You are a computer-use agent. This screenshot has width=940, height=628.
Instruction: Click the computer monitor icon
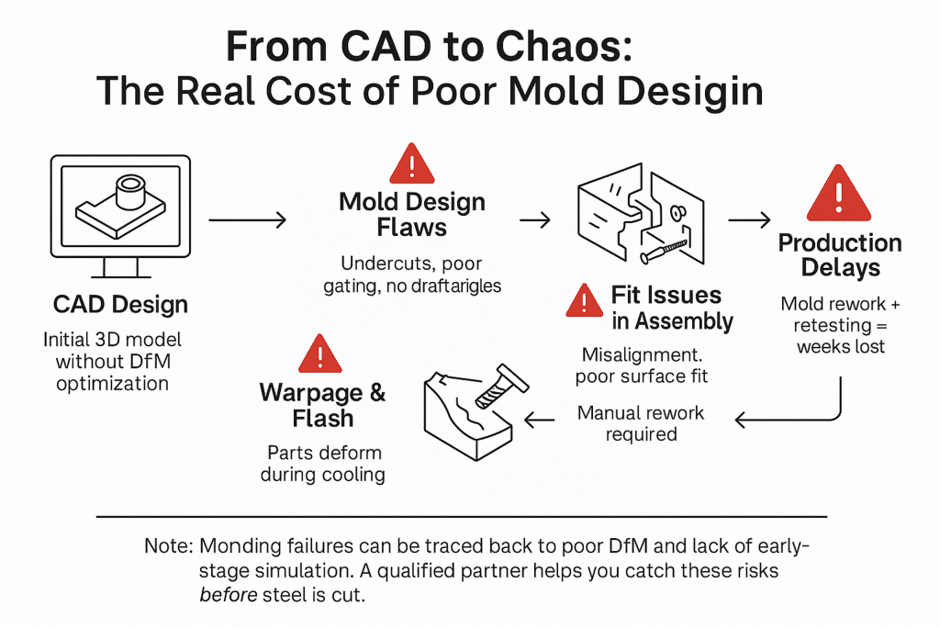click(120, 216)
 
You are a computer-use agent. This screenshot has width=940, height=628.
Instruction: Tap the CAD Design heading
click(120, 304)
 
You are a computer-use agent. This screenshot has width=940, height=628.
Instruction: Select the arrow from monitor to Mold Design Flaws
click(248, 220)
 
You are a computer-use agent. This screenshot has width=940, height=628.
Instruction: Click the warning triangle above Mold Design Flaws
click(412, 163)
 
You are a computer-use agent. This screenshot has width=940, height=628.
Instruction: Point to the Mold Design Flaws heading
click(412, 214)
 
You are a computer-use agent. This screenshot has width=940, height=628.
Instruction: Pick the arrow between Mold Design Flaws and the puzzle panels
click(535, 220)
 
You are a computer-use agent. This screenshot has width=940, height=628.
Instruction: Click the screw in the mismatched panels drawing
click(663, 251)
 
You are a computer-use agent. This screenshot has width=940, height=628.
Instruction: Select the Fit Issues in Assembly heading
click(672, 308)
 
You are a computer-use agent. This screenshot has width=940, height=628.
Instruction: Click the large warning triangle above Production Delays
click(839, 193)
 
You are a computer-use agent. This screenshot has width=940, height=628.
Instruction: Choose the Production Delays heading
click(840, 255)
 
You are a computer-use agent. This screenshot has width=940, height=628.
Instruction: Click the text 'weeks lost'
click(841, 347)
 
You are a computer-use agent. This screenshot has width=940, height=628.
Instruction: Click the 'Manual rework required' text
click(641, 423)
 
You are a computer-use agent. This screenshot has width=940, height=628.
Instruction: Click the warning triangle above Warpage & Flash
click(320, 353)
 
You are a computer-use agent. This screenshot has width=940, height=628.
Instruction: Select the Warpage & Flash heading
click(322, 406)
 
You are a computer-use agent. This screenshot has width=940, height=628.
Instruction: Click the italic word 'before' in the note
click(229, 595)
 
